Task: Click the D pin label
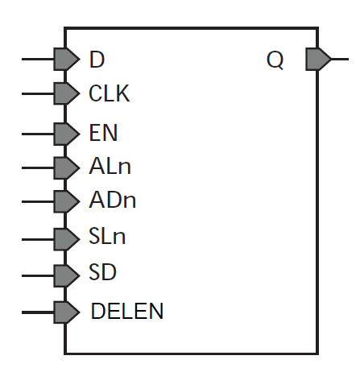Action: click(97, 60)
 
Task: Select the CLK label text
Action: click(110, 93)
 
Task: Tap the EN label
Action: click(103, 133)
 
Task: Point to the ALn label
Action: click(110, 167)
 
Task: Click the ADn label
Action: click(113, 200)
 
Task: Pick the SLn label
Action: click(107, 236)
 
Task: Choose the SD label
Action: click(102, 272)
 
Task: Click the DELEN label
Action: click(127, 311)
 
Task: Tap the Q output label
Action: click(275, 60)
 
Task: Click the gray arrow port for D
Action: click(67, 59)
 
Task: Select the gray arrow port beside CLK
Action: click(67, 93)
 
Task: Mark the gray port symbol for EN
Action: click(67, 134)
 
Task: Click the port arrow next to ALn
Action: click(67, 168)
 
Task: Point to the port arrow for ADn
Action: click(67, 201)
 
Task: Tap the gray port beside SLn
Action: click(67, 239)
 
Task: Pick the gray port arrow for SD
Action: click(67, 275)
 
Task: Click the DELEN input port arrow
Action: click(67, 312)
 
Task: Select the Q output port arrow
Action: click(318, 59)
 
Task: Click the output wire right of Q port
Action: click(340, 59)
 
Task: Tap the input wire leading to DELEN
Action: click(38, 312)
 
